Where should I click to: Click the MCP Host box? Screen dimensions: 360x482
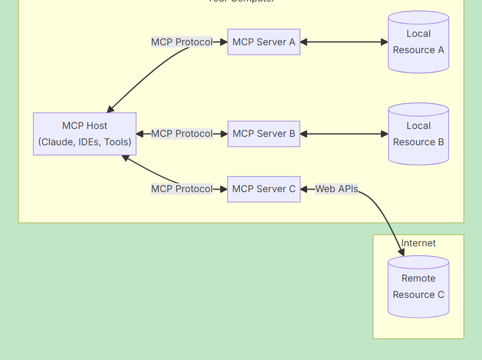pos(84,134)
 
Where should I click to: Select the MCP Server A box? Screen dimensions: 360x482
pos(263,42)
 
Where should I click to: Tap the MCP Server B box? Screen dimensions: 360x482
pos(263,134)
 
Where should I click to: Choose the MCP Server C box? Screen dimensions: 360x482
pos(263,189)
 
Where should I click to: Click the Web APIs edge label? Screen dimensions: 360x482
pos(337,189)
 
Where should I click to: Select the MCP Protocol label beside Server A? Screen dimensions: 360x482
pos(182,42)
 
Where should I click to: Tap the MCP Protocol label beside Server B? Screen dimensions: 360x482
pos(182,134)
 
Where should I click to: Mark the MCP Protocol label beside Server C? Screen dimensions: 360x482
pos(182,189)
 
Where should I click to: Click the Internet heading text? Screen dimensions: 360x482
pos(418,243)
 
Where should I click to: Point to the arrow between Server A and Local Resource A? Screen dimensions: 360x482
pos(343,42)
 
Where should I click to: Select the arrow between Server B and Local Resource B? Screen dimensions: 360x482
pos(343,134)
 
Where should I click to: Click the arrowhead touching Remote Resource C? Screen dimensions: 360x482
pos(401,253)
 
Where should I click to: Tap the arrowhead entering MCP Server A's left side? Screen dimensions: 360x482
pos(223,42)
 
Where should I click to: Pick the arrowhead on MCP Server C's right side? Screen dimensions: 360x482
pos(304,189)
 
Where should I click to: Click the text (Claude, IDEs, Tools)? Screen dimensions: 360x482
pos(84,142)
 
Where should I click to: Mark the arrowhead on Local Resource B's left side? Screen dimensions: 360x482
pos(384,134)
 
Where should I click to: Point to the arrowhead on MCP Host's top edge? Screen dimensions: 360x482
pos(110,109)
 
